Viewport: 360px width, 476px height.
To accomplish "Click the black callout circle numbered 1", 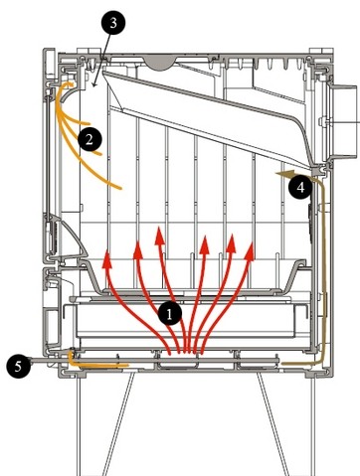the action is click(x=169, y=313).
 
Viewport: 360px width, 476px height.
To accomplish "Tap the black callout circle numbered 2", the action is click(x=90, y=139).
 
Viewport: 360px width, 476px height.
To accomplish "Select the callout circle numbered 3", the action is click(x=113, y=23).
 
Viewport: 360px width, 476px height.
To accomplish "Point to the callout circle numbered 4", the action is click(x=300, y=188).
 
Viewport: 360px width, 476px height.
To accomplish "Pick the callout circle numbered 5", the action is click(x=18, y=367).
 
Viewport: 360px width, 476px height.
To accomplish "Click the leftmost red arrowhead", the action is click(x=106, y=259).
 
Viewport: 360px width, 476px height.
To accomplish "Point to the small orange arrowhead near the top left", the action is click(x=70, y=84).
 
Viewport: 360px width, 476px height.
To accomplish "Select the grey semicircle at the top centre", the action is click(x=160, y=63).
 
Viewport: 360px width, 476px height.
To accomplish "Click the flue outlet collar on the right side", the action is click(x=343, y=122).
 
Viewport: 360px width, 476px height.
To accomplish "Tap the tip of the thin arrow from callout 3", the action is click(x=93, y=86).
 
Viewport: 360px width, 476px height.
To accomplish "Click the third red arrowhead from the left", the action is click(x=160, y=236).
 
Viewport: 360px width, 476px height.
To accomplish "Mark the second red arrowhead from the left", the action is click(x=138, y=249).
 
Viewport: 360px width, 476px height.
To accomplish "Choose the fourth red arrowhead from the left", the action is click(x=205, y=243).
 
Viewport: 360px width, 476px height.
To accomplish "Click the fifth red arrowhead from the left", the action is click(x=231, y=242).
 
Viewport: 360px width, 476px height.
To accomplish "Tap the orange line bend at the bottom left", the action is click(x=72, y=363).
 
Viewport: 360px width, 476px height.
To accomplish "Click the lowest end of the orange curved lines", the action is click(x=120, y=189).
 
